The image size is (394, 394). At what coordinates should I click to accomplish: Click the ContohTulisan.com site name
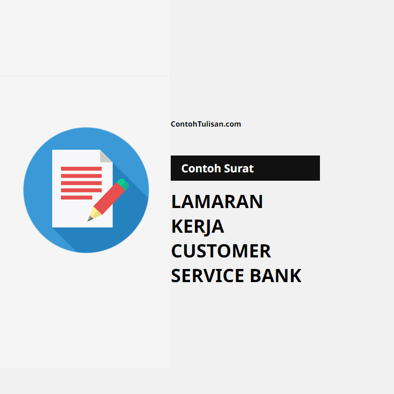206,124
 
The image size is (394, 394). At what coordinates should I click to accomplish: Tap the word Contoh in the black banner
201,168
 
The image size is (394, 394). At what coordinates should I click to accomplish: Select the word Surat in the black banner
239,168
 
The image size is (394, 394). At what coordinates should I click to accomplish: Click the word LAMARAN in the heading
217,202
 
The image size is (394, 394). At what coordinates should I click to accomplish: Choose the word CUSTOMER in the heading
221,251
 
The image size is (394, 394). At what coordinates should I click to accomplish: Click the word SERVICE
208,276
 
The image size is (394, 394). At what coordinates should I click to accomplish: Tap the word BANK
276,276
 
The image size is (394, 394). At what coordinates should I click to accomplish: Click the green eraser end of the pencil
123,184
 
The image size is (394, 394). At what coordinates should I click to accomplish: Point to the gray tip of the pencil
89,219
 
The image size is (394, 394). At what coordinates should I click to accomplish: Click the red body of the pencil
109,198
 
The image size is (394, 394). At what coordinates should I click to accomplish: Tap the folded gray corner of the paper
106,157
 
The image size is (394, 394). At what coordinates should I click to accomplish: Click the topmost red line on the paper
81,169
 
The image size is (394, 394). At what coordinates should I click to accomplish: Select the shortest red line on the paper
76,198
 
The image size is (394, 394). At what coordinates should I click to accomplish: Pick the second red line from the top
81,176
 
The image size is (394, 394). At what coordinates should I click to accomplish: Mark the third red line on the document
81,183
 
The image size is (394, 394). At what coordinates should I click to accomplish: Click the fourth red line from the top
81,191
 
